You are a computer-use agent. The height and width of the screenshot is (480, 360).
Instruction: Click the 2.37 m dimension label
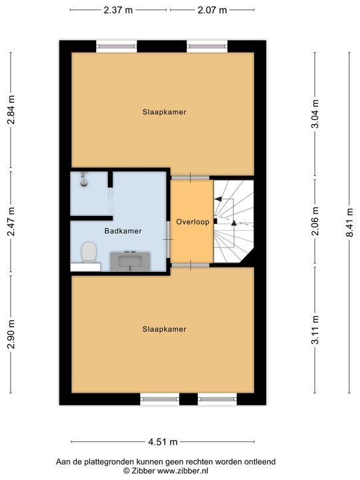click(x=118, y=10)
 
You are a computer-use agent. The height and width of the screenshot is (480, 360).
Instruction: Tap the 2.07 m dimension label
click(x=212, y=10)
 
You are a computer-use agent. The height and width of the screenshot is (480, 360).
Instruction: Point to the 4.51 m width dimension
click(x=163, y=442)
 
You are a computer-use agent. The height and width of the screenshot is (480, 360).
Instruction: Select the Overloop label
click(x=193, y=221)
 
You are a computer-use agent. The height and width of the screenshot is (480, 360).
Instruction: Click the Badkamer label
click(x=123, y=231)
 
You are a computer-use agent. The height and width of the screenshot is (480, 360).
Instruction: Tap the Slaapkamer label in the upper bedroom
click(x=163, y=112)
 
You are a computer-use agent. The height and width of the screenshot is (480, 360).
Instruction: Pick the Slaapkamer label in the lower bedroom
click(x=163, y=329)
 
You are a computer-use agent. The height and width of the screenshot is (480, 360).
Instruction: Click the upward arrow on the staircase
click(x=233, y=223)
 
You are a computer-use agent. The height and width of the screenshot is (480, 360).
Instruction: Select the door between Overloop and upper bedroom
click(x=191, y=177)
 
